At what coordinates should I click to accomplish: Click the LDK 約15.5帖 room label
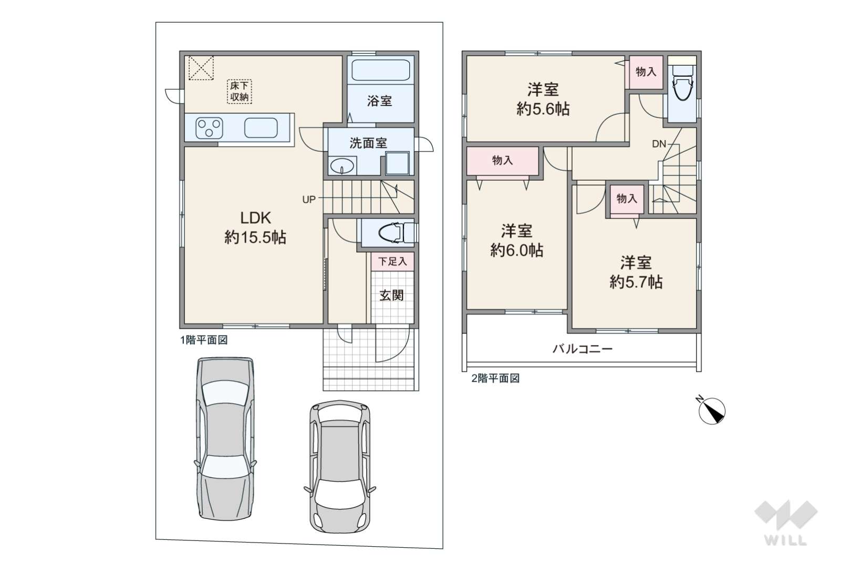[255, 227]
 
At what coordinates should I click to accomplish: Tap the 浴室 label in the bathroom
[379, 101]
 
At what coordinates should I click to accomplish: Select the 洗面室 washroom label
[368, 143]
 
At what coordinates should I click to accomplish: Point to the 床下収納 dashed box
[239, 91]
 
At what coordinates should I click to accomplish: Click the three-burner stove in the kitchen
[209, 128]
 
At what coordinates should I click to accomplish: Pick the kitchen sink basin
[261, 128]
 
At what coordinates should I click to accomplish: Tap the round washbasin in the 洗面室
[342, 166]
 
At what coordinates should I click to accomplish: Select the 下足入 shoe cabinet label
[392, 262]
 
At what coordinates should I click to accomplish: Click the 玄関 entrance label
[392, 295]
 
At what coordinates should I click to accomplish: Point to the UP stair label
[309, 200]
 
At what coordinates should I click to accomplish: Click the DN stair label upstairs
[659, 144]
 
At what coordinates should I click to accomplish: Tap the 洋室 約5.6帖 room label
[543, 99]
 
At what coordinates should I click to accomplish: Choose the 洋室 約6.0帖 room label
[516, 241]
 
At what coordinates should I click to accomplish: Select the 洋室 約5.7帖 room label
[636, 273]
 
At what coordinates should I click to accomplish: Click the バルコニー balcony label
[583, 349]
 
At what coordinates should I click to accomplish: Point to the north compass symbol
[711, 410]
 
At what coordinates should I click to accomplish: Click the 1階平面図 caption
[204, 340]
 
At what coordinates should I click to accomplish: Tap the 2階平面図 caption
[495, 379]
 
